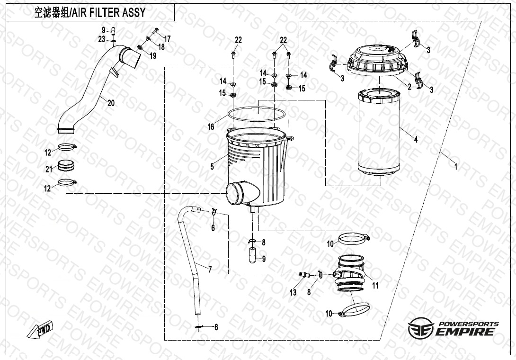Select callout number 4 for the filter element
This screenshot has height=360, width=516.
416,139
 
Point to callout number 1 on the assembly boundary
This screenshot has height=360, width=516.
455,167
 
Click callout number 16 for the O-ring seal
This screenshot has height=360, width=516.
211,126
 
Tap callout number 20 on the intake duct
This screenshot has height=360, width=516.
111,103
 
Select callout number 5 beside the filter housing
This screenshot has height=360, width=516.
213,166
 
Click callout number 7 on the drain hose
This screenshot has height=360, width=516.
210,269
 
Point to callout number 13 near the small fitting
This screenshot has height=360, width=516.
293,292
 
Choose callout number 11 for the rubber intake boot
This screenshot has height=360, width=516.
375,286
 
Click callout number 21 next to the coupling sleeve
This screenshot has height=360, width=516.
48,169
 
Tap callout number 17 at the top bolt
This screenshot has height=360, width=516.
167,38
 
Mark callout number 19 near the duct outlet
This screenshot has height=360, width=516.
152,56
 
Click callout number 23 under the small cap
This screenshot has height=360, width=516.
102,39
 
